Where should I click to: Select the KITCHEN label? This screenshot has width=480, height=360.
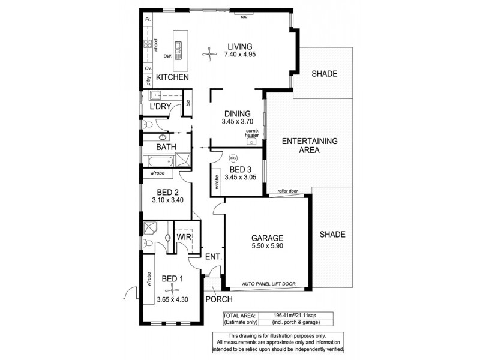[172, 78]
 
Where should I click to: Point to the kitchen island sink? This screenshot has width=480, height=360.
[178, 47]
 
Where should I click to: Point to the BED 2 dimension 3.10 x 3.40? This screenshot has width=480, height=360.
[164, 201]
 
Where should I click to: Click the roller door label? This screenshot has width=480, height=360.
[288, 191]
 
